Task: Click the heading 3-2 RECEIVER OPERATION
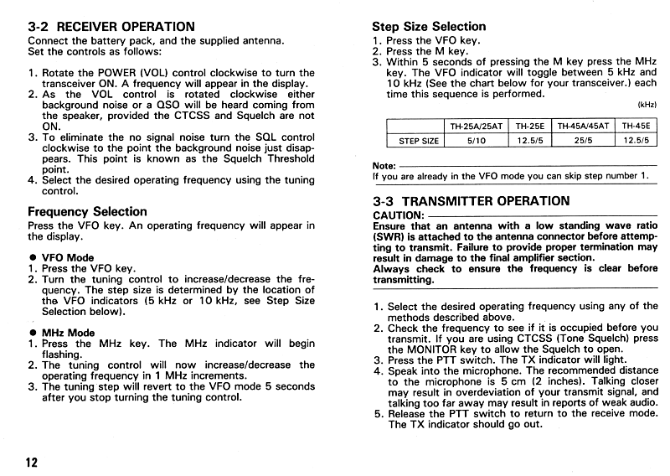click(x=111, y=27)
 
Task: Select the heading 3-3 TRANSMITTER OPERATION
click(x=471, y=201)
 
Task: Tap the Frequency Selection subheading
click(x=87, y=211)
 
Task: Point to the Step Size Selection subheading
click(x=429, y=26)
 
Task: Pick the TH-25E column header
click(x=529, y=126)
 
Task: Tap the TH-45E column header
click(x=638, y=126)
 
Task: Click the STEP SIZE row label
click(x=419, y=141)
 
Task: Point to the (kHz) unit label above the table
click(x=647, y=106)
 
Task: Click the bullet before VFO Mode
click(x=33, y=257)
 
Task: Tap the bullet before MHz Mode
click(x=33, y=333)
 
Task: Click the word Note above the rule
click(x=384, y=166)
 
